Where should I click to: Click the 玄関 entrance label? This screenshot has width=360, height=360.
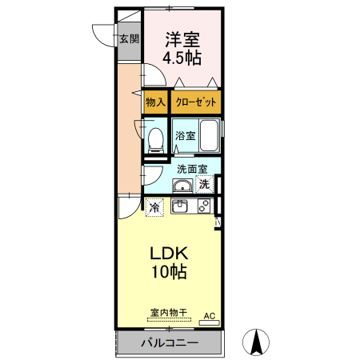coord(129,39)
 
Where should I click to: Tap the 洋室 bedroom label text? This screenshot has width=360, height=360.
coord(182,40)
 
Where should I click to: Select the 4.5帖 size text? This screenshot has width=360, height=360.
coord(182,58)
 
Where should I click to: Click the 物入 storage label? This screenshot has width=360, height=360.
coord(155,102)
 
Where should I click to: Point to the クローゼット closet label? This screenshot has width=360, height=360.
coord(196,102)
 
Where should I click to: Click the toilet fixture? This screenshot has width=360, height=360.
coord(156,141)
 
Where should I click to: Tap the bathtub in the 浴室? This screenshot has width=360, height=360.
coord(209,135)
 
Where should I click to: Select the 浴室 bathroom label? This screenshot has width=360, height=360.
coord(186,136)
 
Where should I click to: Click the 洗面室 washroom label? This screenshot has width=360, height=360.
coord(192,169)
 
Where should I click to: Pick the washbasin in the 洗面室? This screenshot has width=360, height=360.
coord(182,186)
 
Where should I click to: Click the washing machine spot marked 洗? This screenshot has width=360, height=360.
coord(205,184)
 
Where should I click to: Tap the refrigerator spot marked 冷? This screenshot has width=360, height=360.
coord(154,207)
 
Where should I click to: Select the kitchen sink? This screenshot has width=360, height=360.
coord(180,206)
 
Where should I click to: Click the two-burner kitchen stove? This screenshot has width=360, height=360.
coord(204,206)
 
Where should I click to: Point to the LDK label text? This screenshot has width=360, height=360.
coord(169,254)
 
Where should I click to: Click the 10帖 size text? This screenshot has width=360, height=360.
coord(169,272)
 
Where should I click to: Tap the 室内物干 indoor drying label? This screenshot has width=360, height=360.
coord(169,313)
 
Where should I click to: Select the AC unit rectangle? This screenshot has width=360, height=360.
coord(210,323)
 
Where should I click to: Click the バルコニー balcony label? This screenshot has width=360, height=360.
coord(170,343)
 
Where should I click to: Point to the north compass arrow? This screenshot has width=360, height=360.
coord(256,342)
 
